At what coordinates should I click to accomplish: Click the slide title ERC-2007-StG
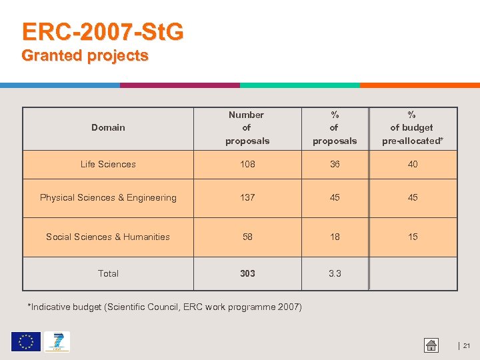pos(103,32)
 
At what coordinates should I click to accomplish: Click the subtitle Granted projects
pos(85,56)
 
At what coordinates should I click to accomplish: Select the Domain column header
pos(108,127)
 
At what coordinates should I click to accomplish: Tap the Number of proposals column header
pos(247,127)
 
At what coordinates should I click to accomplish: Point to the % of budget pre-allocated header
pos(412,127)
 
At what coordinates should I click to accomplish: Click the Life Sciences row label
pos(108,164)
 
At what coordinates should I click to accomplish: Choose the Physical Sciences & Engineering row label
pos(108,197)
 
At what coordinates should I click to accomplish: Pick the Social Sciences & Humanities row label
pos(108,237)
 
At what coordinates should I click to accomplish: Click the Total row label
pos(108,273)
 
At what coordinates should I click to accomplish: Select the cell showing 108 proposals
pos(247,164)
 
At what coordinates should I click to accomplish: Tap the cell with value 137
pos(247,197)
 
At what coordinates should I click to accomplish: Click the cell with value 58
pos(247,237)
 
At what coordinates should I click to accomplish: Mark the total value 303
pos(247,273)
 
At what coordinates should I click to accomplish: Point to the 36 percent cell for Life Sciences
pos(335,164)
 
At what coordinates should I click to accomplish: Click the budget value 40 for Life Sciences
pos(413,164)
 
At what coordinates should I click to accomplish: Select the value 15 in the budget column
pos(413,237)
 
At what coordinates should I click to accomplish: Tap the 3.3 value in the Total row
pos(335,273)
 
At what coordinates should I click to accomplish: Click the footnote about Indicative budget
pos(164,307)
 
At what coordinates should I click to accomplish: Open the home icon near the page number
pos(431,345)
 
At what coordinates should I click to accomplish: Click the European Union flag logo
pos(25,342)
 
